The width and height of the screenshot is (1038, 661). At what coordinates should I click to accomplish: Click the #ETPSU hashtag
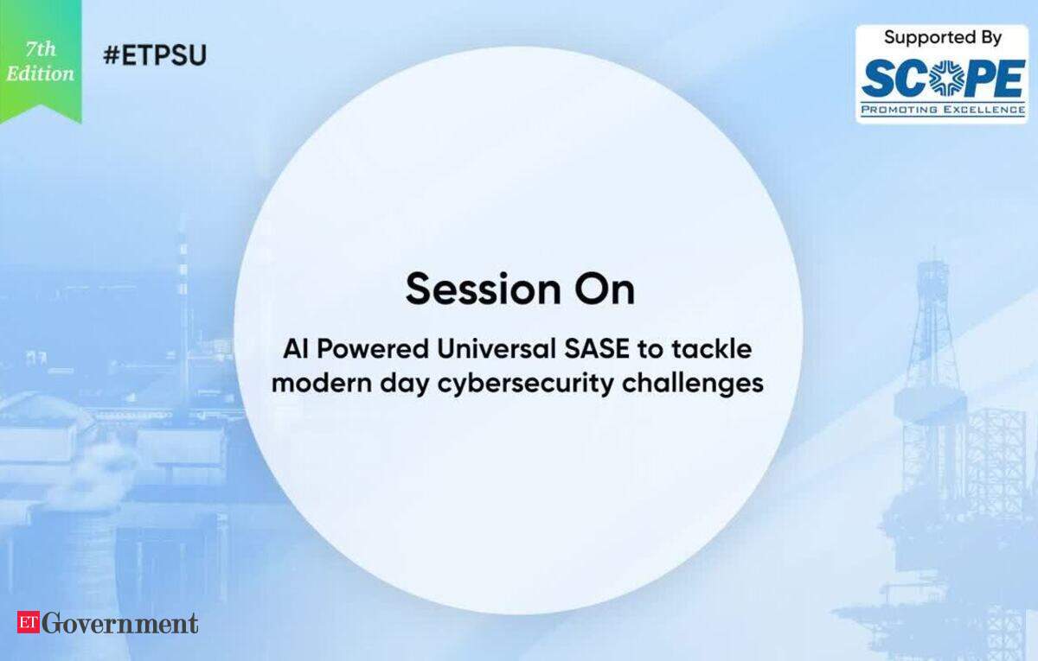tap(155, 55)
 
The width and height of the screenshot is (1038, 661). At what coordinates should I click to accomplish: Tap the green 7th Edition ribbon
tap(41, 60)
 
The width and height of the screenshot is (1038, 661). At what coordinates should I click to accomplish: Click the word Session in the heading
tap(483, 289)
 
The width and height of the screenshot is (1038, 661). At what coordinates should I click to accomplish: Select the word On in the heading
tap(605, 289)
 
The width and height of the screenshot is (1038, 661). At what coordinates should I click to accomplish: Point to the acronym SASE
tap(597, 349)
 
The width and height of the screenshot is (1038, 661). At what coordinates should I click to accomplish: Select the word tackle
tap(712, 349)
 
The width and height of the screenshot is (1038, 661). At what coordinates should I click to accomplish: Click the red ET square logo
tap(29, 622)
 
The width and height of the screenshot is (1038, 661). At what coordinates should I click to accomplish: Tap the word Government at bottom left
tap(120, 623)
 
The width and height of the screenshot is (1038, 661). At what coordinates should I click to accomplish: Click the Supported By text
tap(943, 37)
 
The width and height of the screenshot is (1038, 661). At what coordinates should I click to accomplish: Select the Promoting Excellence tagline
tap(943, 110)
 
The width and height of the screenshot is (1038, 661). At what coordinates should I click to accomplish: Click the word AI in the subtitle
tap(296, 349)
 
